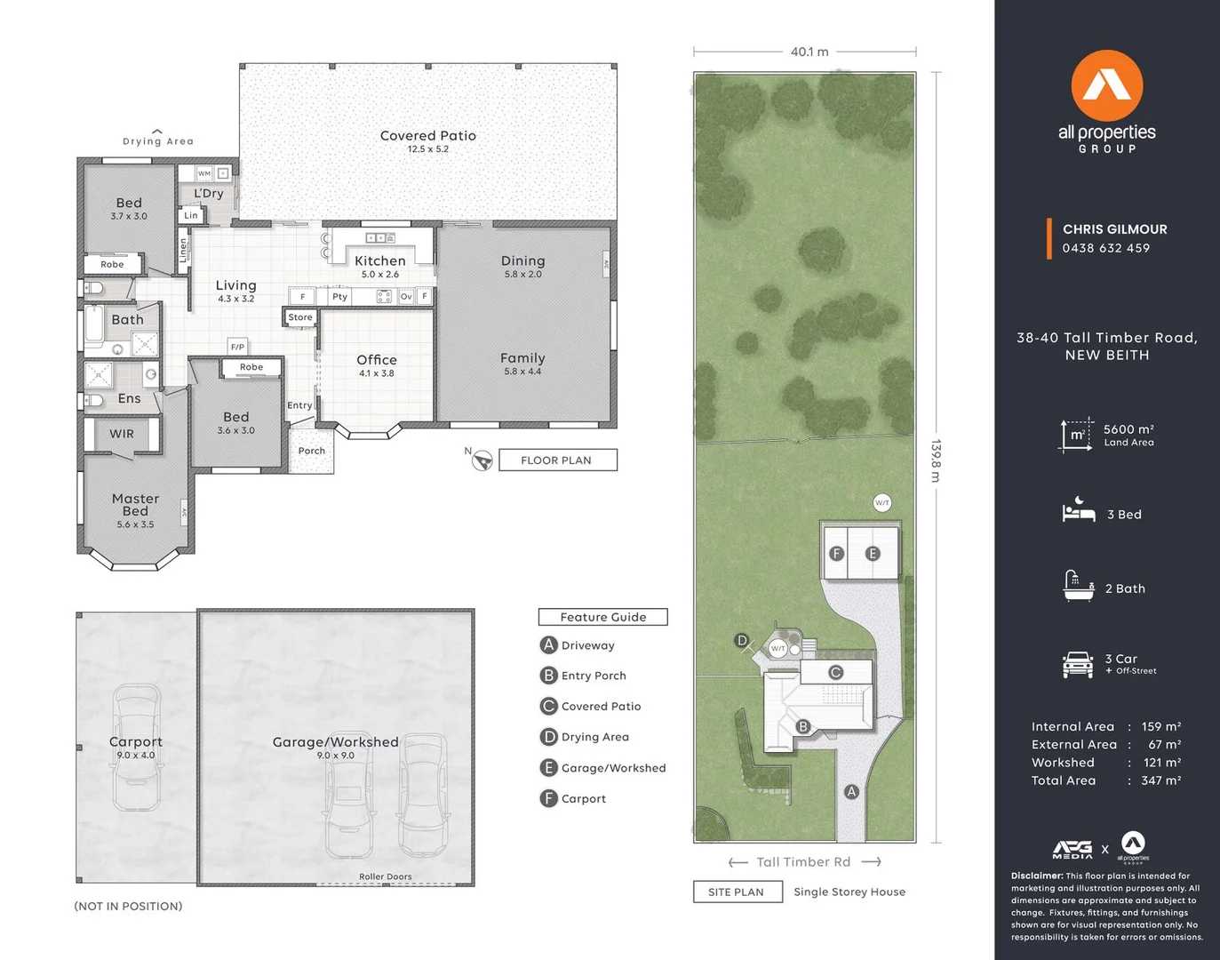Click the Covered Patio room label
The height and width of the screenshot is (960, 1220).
[427, 136]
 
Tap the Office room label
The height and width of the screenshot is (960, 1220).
[377, 360]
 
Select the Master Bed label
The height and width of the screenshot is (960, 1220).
[135, 505]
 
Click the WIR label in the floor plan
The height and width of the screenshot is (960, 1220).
[122, 435]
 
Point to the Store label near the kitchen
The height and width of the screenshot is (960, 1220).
[300, 317]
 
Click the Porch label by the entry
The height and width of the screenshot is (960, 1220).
[311, 451]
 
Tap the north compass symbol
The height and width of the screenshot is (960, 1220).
[482, 460]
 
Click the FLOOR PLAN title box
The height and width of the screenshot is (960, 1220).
[556, 460]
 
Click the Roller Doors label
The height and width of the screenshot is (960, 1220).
[385, 876]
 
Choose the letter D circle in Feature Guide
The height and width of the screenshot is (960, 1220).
[548, 737]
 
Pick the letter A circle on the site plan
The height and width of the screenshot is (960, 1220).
[851, 791]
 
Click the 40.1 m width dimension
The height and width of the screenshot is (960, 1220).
[809, 52]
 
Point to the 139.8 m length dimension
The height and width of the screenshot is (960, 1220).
[936, 460]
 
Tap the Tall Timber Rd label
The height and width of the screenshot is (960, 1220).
[803, 862]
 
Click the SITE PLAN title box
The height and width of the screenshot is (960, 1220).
[737, 892]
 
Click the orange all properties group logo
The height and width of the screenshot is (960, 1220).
[1106, 87]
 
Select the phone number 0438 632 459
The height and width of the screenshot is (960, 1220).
[1105, 248]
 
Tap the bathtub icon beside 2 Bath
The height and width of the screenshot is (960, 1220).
[1078, 587]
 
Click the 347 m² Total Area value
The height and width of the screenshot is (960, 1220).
[1160, 780]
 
